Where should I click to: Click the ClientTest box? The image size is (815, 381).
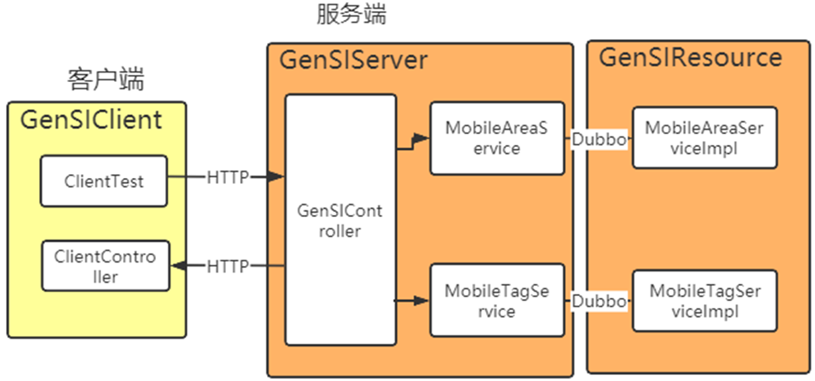(104, 181)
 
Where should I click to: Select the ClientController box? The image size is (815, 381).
(105, 266)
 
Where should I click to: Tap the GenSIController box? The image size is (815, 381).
(340, 220)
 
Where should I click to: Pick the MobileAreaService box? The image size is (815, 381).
(496, 138)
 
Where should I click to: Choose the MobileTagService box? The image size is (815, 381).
(496, 300)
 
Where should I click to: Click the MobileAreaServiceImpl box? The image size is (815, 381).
(704, 138)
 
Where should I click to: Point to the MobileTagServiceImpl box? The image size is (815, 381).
(704, 300)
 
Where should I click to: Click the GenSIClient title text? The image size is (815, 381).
(91, 120)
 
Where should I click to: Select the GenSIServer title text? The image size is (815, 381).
(354, 60)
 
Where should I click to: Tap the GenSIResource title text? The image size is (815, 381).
(690, 58)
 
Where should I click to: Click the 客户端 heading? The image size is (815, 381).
(106, 80)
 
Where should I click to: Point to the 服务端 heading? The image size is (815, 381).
(351, 15)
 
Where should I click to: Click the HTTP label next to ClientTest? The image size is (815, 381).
(228, 177)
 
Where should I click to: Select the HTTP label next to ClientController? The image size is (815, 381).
(228, 267)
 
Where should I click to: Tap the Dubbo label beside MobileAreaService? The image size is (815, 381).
(598, 140)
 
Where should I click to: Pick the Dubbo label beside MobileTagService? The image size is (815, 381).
(598, 301)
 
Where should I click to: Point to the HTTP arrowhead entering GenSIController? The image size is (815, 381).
(277, 177)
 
